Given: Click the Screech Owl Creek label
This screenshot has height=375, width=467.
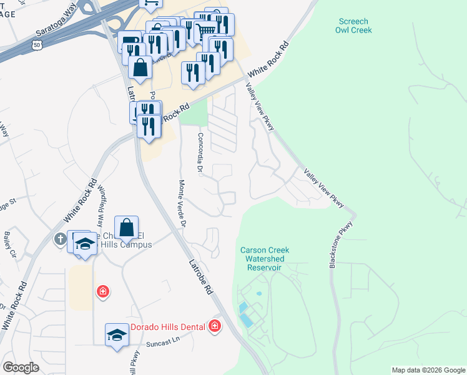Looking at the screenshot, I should [353, 25].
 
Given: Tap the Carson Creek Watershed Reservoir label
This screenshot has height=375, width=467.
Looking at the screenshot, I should [265, 259].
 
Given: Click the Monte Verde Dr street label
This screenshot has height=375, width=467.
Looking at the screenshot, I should [183, 203].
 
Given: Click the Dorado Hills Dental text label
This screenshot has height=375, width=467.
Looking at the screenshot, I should [168, 327].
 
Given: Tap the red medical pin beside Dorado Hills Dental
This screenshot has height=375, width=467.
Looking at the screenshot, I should [215, 326].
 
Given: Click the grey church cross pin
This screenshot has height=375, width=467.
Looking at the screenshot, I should [61, 239].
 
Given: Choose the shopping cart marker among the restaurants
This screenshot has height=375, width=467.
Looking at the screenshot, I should [206, 29].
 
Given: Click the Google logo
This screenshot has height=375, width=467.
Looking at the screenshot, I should [21, 367].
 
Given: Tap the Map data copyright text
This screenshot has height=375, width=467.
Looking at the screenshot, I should [428, 370].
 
